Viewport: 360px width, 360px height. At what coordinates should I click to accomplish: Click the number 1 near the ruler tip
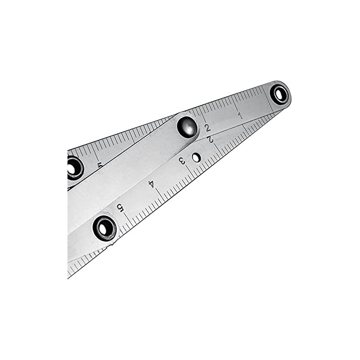pos(240,116)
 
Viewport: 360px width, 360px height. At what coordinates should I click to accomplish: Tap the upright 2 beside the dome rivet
pos(207,128)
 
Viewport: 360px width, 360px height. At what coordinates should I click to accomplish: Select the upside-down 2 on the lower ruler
pos(211,139)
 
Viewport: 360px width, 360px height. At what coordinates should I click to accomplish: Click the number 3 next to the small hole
pos(182,161)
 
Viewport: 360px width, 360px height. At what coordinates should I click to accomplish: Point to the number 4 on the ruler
pos(152,184)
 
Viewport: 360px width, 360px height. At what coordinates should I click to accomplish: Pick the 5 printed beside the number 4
pos(120,207)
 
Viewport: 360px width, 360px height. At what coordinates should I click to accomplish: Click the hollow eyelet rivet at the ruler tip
pos(280,94)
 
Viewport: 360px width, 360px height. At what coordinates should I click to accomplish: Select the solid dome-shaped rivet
pos(187,127)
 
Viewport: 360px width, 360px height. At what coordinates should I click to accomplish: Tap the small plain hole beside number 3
pos(196,157)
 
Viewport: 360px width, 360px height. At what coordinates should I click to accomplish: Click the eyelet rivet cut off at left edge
pos(74,167)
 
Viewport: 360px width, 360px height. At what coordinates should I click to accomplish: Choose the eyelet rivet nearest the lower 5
pos(104,228)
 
